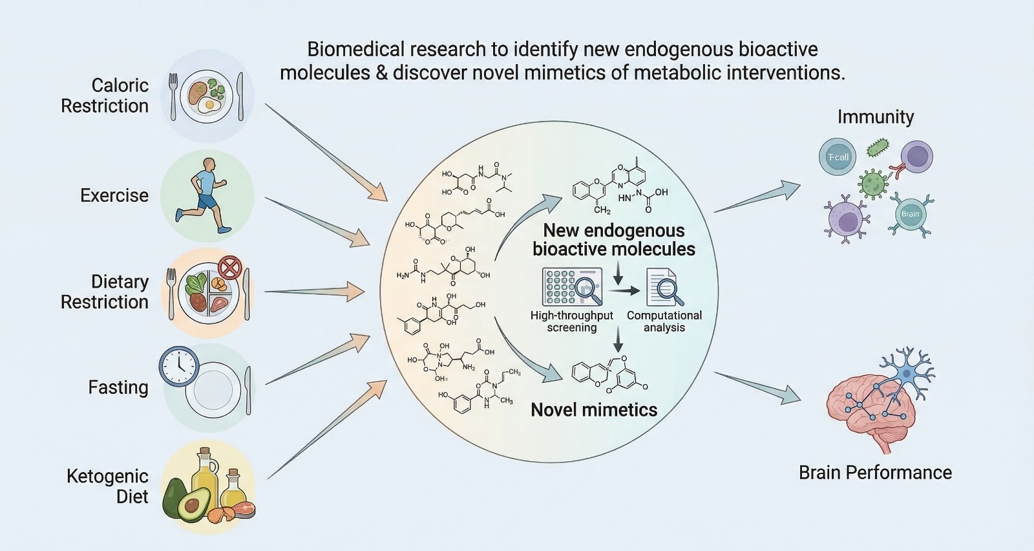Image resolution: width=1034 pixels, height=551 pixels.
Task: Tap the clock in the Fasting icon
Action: click(179, 367)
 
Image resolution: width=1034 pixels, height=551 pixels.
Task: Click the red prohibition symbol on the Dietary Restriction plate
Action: click(229, 267)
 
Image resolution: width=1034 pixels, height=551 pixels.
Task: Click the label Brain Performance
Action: click(875, 473)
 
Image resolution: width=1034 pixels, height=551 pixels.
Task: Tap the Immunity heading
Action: click(876, 117)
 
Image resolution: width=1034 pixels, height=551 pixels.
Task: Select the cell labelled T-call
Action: click(838, 157)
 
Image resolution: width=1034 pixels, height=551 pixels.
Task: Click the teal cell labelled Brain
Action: click(910, 214)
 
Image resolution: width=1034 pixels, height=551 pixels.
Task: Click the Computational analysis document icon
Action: click(664, 288)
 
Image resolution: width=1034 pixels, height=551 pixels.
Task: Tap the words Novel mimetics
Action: click(594, 410)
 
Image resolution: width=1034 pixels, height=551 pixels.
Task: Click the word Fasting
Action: click(118, 387)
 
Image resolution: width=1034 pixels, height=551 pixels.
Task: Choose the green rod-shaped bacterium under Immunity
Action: click(877, 148)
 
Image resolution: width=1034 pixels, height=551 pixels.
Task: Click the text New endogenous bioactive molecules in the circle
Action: click(614, 240)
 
